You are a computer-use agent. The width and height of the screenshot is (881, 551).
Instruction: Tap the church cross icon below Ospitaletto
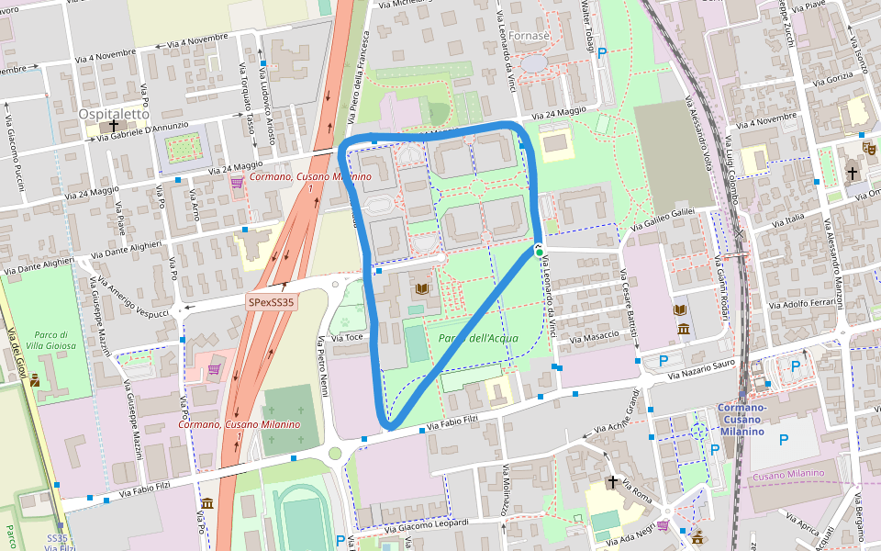[x=114, y=126]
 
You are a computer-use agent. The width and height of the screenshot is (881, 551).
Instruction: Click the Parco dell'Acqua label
[x=478, y=338]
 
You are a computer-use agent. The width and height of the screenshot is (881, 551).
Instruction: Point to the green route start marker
[x=540, y=253]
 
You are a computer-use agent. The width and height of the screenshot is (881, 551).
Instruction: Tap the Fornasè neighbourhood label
[x=528, y=36]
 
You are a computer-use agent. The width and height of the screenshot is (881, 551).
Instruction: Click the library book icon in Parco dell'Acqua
[x=421, y=289]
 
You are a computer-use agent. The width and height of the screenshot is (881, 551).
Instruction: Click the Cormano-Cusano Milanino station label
[x=742, y=420]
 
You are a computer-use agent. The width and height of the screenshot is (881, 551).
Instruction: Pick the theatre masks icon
[x=868, y=146]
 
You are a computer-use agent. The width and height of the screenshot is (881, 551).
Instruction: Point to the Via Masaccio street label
[x=592, y=338]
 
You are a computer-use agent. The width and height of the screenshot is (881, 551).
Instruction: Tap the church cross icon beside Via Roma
[x=612, y=482]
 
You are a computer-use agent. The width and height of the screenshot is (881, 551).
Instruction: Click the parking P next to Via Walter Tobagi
[x=602, y=53]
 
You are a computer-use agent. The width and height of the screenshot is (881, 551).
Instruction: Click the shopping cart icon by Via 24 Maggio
[x=237, y=181]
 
